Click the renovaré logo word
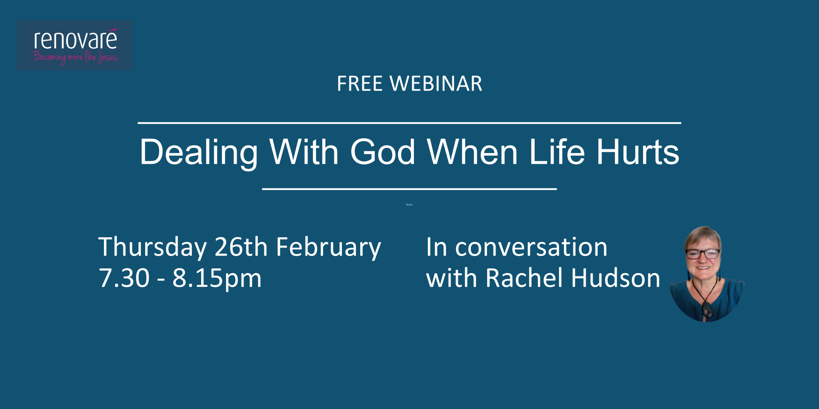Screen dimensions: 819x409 click(76, 40)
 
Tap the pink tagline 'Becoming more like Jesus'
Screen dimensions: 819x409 click(75, 58)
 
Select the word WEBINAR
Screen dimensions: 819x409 click(436, 84)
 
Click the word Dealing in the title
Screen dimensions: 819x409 click(199, 153)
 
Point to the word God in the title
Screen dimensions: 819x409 click(383, 152)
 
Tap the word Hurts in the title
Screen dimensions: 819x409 click(638, 152)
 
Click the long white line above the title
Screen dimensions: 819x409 click(409, 123)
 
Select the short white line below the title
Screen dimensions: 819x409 click(409, 189)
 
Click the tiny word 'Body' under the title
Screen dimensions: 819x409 click(409, 205)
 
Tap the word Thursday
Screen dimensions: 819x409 click(152, 248)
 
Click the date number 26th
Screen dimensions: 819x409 click(241, 247)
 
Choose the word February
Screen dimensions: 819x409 click(328, 248)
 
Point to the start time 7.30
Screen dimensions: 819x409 click(124, 278)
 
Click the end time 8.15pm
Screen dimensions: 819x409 click(217, 279)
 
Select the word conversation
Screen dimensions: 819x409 click(531, 247)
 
